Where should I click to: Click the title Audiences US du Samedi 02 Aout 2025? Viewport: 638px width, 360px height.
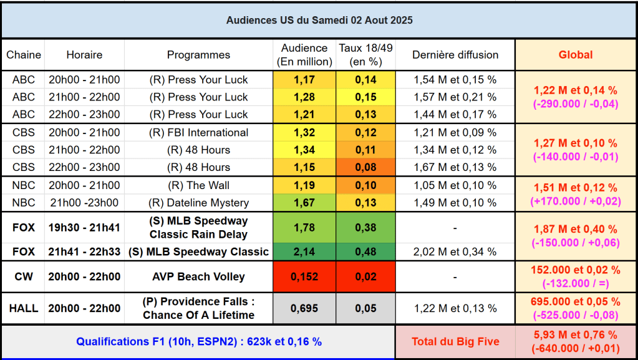click(319, 20)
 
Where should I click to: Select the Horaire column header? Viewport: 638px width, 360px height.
click(84, 55)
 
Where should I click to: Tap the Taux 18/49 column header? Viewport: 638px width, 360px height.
click(365, 55)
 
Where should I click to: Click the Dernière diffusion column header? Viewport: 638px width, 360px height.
click(455, 55)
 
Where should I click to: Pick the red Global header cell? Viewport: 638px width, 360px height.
click(575, 55)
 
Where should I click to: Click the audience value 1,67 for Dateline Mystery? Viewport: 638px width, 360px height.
click(304, 203)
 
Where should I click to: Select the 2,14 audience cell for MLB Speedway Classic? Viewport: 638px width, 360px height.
click(304, 252)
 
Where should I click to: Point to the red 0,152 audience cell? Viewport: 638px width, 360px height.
click(304, 277)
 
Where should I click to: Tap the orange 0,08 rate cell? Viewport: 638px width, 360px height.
click(365, 167)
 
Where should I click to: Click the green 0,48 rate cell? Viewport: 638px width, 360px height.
click(365, 252)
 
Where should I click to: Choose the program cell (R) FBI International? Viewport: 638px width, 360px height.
click(199, 132)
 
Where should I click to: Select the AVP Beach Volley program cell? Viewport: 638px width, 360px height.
click(199, 277)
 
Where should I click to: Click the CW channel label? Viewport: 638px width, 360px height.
click(24, 277)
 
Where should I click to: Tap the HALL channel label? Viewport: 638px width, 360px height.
click(24, 308)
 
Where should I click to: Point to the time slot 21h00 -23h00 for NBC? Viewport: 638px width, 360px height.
click(84, 203)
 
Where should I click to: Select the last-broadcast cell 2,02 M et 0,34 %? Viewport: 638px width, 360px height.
click(455, 252)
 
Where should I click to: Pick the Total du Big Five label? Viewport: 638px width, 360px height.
click(455, 341)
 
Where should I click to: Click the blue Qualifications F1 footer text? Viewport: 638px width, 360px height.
click(199, 341)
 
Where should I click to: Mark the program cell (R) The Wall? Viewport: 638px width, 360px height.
click(199, 185)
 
